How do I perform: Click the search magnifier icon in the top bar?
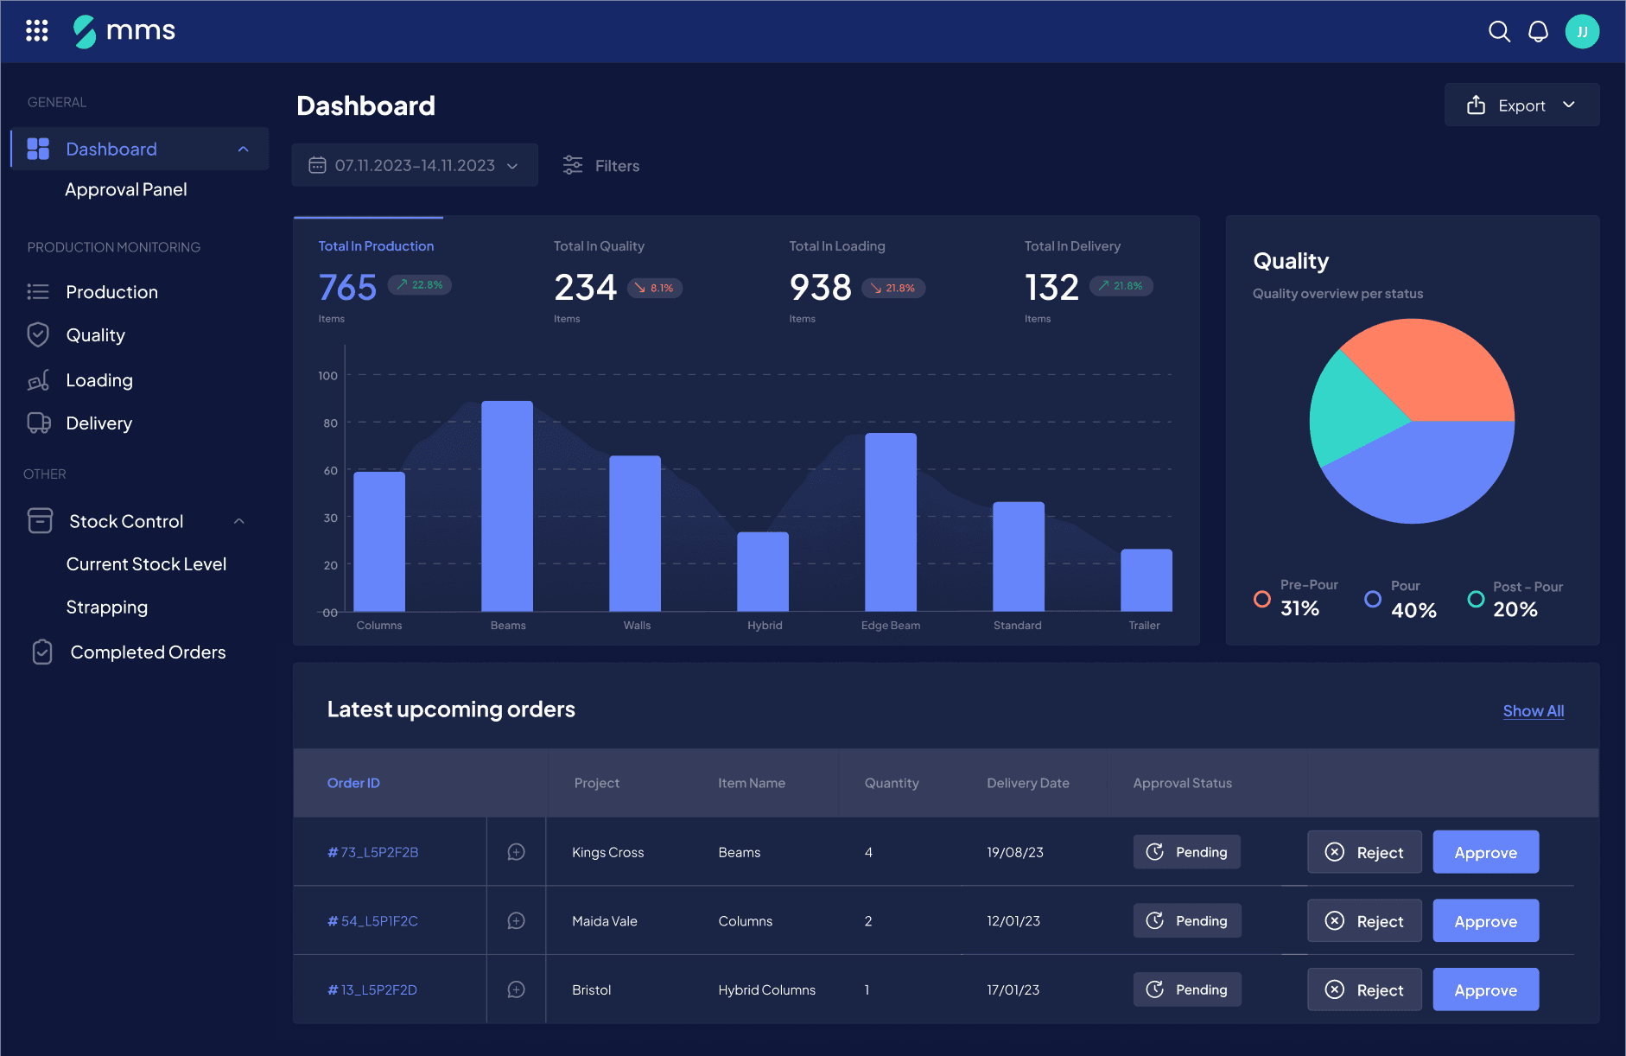(1499, 32)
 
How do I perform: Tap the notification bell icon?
(1538, 32)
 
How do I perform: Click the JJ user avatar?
(1582, 32)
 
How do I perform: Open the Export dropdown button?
(1521, 105)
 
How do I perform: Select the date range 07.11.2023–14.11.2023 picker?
(415, 165)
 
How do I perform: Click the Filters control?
(601, 165)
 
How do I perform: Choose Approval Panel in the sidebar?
(126, 189)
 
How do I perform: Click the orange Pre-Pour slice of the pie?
(1434, 372)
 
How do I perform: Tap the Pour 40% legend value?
(1413, 610)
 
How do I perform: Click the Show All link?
(1533, 711)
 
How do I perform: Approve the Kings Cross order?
(1485, 852)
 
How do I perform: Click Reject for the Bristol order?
(1364, 989)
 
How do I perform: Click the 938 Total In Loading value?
(820, 288)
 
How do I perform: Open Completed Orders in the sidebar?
(148, 652)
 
